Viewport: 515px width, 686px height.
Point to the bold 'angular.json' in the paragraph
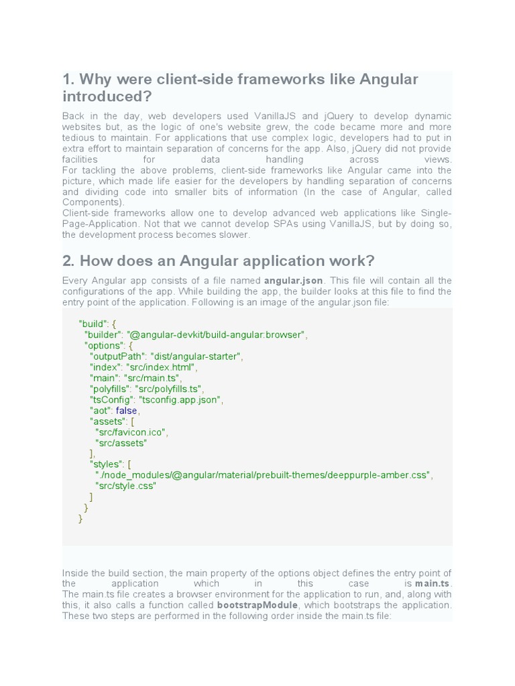(293, 281)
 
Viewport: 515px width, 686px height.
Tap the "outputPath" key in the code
(117, 356)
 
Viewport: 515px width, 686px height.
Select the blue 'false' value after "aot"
(127, 410)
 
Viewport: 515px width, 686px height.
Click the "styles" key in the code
(107, 464)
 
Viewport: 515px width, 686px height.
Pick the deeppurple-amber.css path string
(264, 475)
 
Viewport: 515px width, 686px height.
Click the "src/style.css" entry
(125, 486)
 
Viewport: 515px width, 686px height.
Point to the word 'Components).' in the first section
(93, 202)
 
